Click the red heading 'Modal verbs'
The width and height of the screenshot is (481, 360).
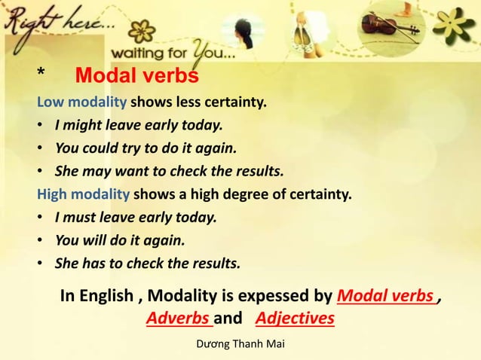tap(137, 77)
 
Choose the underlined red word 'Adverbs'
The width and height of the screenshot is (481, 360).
tap(179, 319)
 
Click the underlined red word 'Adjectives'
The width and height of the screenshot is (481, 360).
tap(295, 319)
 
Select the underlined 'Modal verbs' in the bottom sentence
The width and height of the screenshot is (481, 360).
tap(387, 296)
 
